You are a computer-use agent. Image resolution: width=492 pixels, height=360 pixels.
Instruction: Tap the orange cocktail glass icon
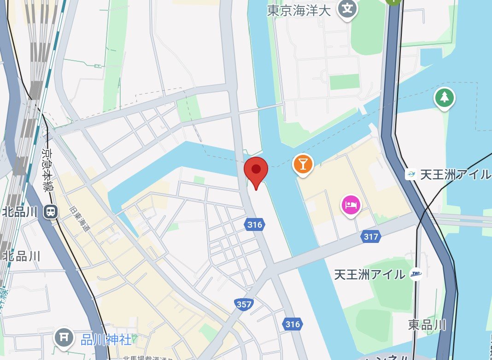(x=303, y=164)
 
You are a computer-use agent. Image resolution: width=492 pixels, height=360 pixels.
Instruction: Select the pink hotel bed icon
(x=351, y=205)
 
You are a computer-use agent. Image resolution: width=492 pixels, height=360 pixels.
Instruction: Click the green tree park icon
(x=444, y=98)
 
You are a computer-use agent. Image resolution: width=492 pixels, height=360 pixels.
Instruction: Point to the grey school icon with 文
(x=348, y=9)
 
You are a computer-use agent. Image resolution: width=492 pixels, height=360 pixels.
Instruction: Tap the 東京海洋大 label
(x=299, y=11)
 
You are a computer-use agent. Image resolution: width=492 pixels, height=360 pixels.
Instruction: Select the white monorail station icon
(x=410, y=175)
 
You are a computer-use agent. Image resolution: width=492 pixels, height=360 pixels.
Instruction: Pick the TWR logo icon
(x=416, y=274)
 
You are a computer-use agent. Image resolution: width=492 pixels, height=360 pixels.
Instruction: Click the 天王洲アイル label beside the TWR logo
(x=370, y=274)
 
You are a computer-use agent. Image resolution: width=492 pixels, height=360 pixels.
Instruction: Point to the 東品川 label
(x=427, y=325)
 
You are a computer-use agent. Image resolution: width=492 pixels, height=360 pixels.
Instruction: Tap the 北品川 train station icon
(x=49, y=212)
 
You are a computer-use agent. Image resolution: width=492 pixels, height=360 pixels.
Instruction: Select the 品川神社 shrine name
(x=106, y=340)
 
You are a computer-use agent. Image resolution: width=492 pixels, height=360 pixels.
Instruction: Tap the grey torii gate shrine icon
(x=64, y=338)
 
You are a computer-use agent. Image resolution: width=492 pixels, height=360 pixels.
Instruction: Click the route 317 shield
(x=370, y=237)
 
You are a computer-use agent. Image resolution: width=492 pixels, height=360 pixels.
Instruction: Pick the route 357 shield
(x=243, y=304)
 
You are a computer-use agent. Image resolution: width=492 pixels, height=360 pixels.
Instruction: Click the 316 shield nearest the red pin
(x=254, y=225)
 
